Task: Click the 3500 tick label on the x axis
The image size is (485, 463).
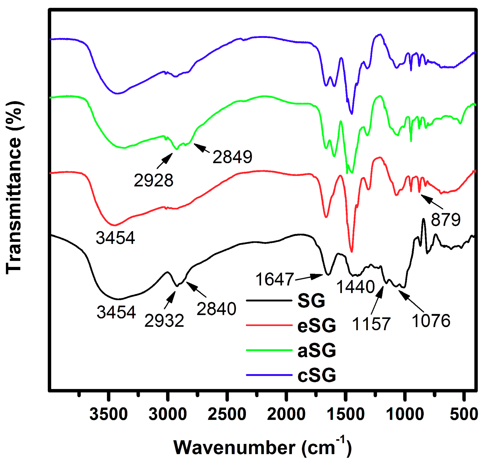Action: pos(109,414)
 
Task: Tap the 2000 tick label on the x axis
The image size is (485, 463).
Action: pos(286,414)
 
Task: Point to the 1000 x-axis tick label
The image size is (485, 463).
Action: pos(405,414)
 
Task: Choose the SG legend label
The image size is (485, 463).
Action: pos(311,301)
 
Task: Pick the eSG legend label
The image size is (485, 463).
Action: pos(317,326)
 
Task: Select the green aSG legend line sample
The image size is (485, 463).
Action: pos(269,350)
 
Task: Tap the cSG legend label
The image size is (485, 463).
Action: pos(317,375)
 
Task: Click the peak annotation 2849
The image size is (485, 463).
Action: pos(232,157)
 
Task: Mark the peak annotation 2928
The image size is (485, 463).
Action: pos(154,180)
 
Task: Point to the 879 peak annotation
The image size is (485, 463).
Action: pos(446,220)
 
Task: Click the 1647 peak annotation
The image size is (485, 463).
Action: pos(274,279)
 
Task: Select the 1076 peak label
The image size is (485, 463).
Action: pos(431,321)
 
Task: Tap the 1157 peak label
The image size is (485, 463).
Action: pos(371,324)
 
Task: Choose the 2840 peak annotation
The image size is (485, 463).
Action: pos(216,309)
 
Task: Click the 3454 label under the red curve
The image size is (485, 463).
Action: pos(115,238)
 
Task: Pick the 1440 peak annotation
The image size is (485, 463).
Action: pos(355,287)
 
